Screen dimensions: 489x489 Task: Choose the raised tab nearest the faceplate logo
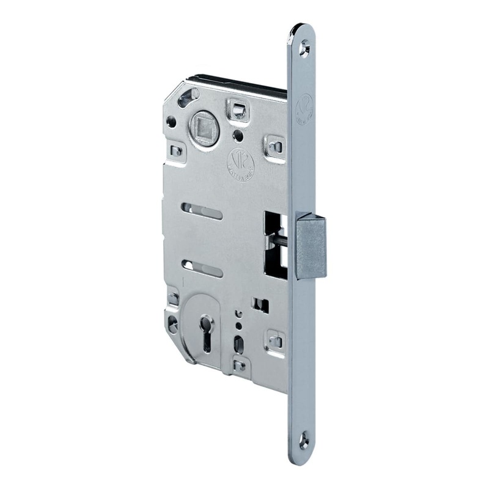[x=273, y=145]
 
